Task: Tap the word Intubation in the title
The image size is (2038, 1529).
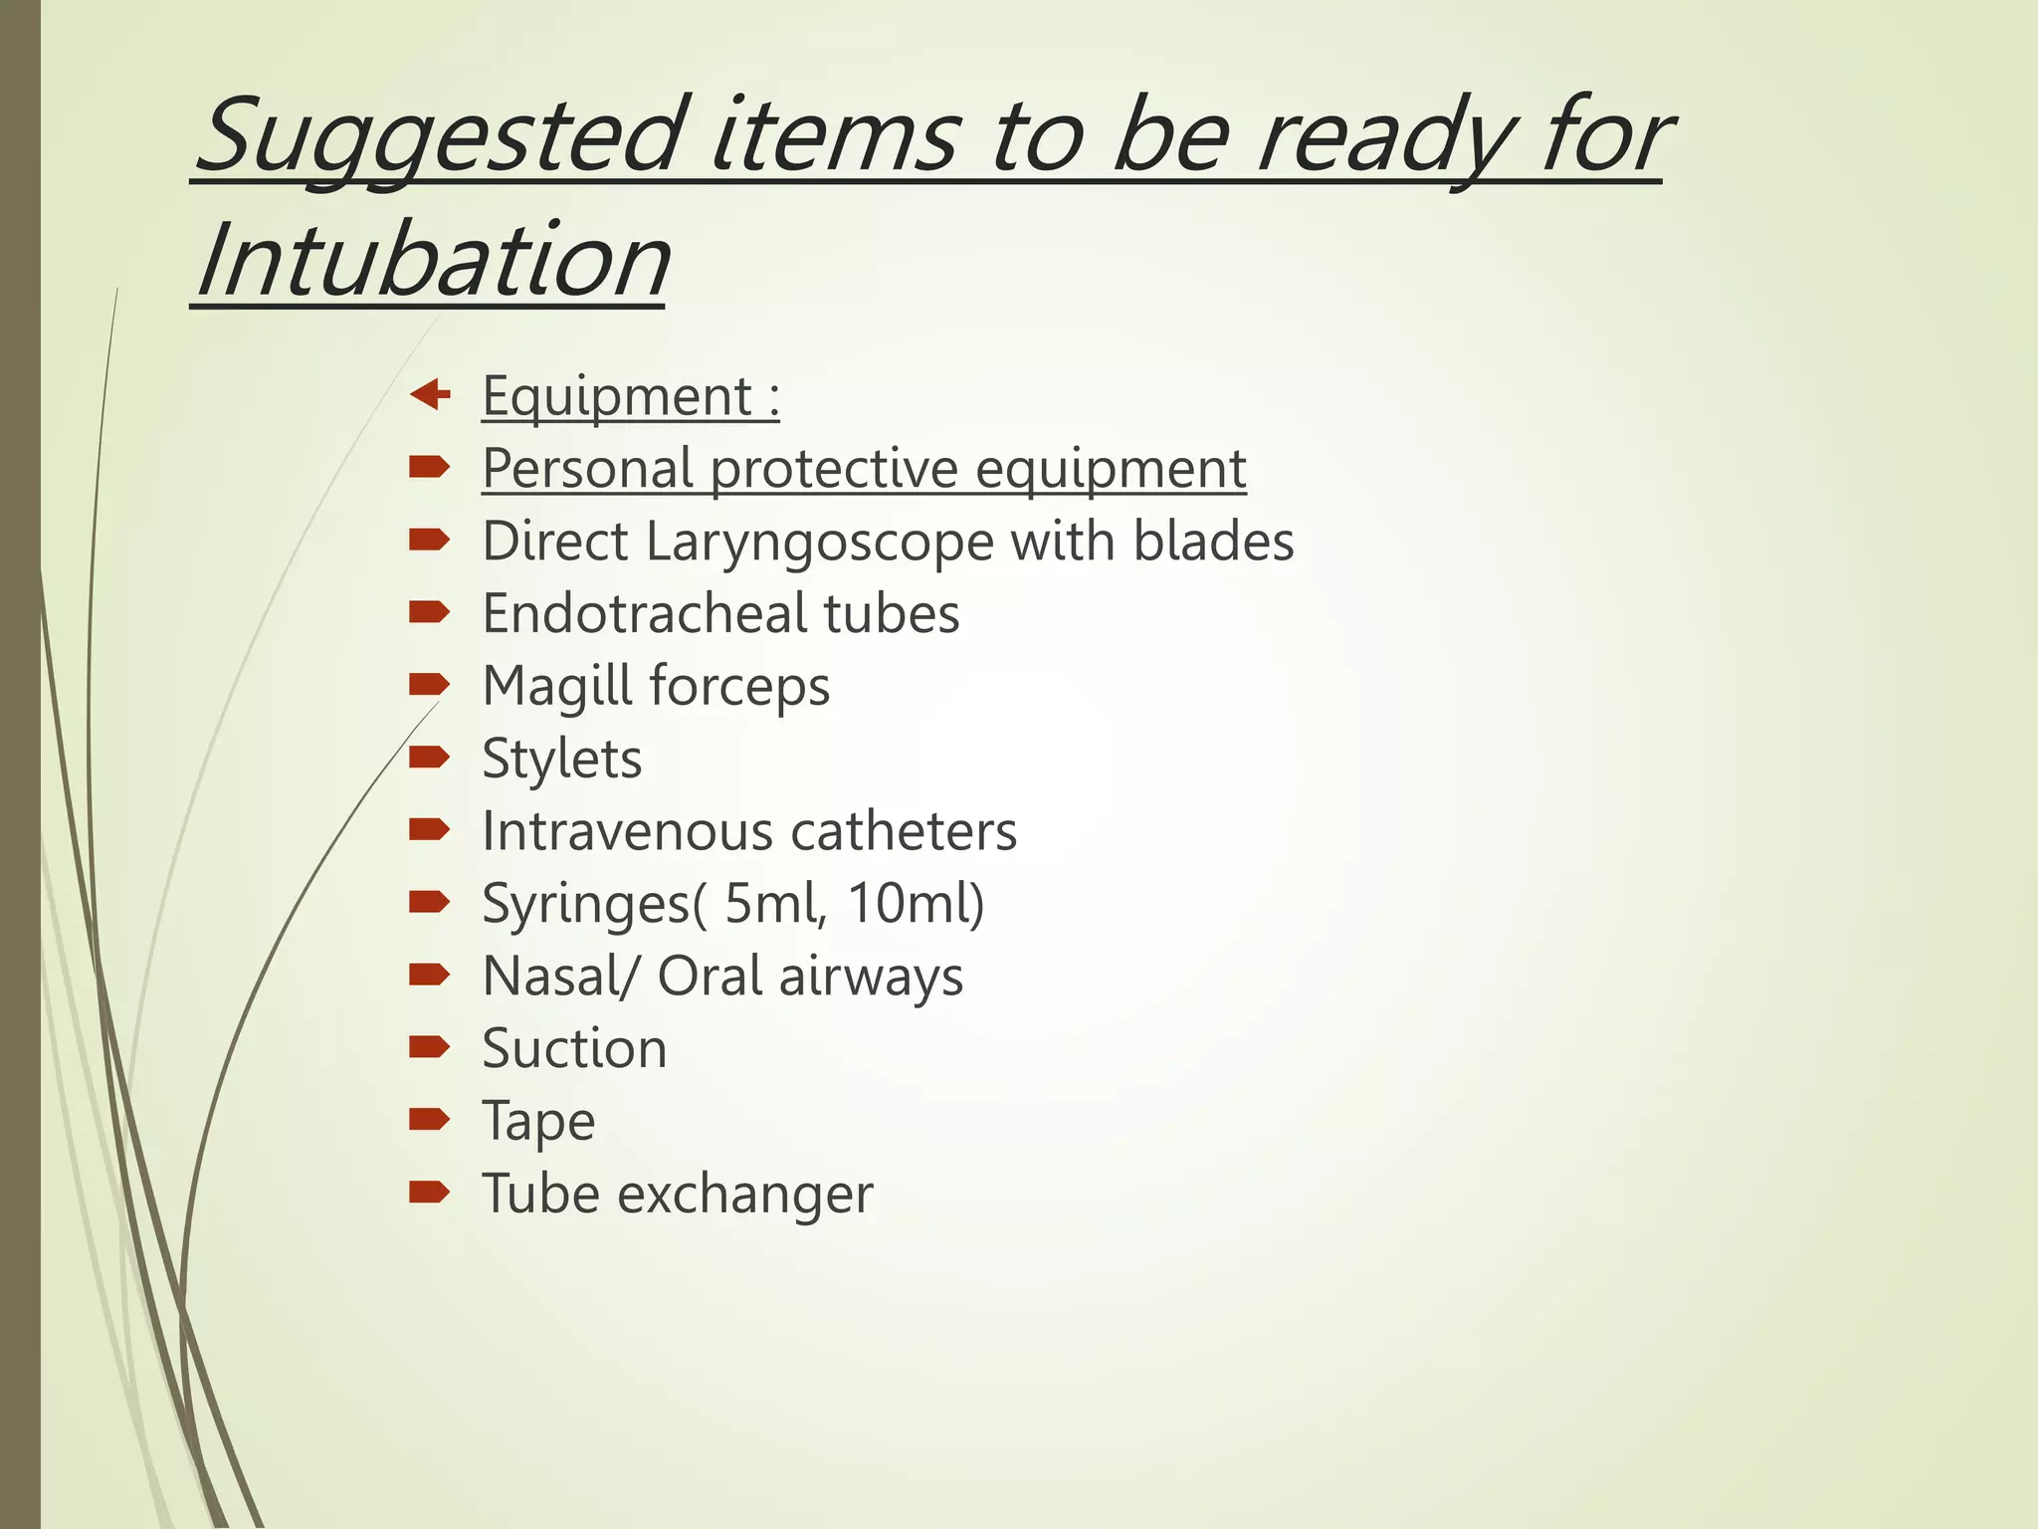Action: click(x=433, y=261)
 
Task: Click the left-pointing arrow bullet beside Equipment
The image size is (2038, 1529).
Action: click(x=430, y=394)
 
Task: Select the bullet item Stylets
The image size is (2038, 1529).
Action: click(x=561, y=760)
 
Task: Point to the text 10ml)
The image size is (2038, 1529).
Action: click(x=916, y=904)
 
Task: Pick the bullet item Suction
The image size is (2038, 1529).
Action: click(x=574, y=1049)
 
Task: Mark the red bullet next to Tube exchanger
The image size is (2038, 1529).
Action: click(x=430, y=1192)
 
